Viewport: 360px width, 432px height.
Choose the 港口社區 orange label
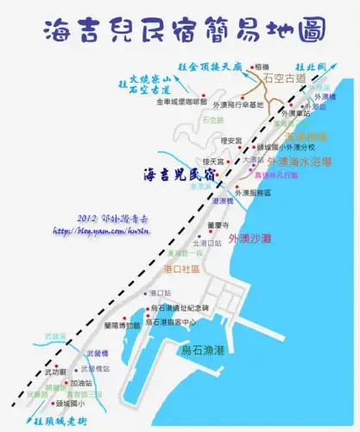coord(182,270)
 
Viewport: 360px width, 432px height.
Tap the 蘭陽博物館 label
coord(122,325)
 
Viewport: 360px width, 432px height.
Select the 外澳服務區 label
coord(257,192)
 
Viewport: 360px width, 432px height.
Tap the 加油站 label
coord(82,382)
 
